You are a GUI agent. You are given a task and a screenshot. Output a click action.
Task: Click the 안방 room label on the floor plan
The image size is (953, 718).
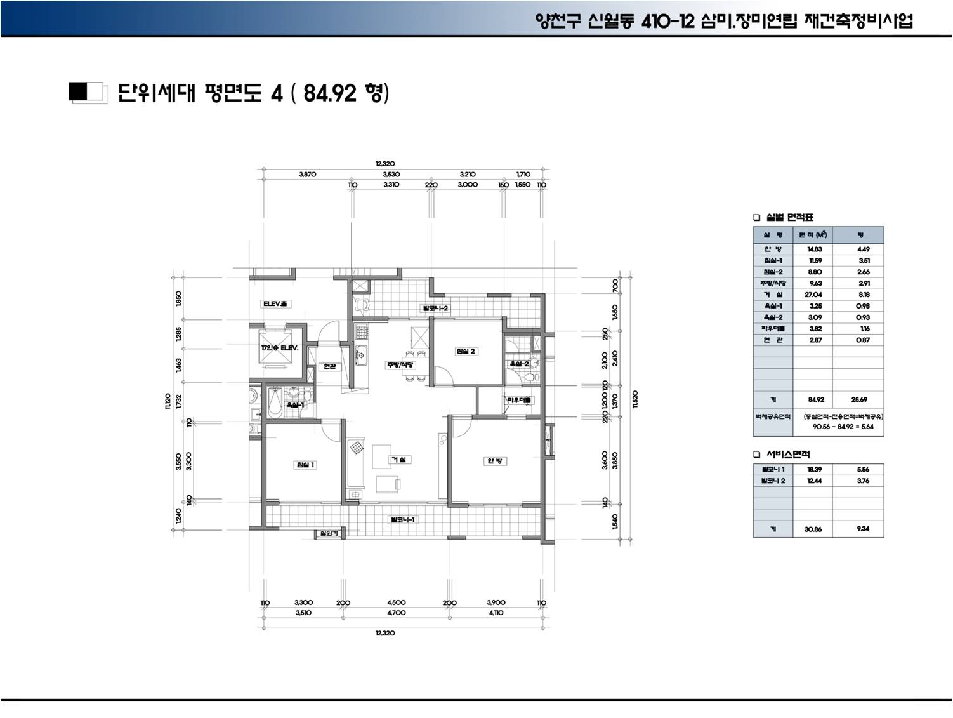(494, 460)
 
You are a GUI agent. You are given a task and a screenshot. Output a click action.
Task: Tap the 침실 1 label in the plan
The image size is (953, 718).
(305, 465)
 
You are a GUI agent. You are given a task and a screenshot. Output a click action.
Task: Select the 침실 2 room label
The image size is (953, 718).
(465, 351)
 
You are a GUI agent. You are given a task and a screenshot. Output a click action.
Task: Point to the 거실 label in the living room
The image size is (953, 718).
(398, 459)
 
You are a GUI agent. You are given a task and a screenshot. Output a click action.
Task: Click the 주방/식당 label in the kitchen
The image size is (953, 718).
(400, 365)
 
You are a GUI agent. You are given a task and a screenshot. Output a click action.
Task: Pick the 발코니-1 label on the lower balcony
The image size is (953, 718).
(402, 520)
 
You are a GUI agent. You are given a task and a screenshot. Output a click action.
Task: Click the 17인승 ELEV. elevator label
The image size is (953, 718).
(279, 349)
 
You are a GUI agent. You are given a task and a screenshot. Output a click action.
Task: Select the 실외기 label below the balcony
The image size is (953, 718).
(329, 533)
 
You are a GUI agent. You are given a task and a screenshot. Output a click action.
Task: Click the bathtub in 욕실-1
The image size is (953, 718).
(275, 402)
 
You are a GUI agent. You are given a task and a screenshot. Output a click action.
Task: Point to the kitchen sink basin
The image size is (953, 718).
(360, 355)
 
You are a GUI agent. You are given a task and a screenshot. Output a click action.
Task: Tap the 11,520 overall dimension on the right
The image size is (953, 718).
(635, 400)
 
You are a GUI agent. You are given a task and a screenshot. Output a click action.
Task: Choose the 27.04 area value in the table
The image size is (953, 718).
(815, 295)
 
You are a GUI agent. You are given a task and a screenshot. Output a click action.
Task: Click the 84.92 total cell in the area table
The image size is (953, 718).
(815, 400)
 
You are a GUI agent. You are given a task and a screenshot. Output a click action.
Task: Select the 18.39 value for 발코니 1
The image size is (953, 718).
(815, 469)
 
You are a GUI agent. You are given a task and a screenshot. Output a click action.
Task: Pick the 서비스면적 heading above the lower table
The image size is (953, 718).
(787, 454)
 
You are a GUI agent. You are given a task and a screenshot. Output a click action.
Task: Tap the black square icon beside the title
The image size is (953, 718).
(79, 92)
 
